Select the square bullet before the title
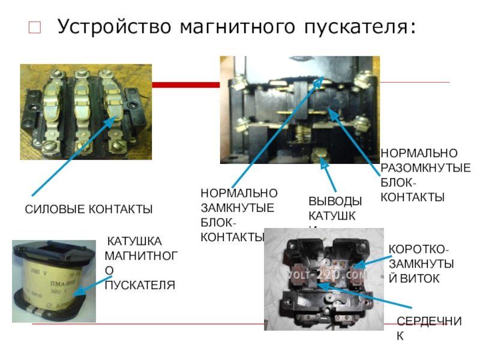pyautogui.click(x=34, y=28)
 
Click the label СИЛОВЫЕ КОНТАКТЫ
pyautogui.click(x=88, y=209)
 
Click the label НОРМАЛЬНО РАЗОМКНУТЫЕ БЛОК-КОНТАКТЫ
pyautogui.click(x=425, y=175)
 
